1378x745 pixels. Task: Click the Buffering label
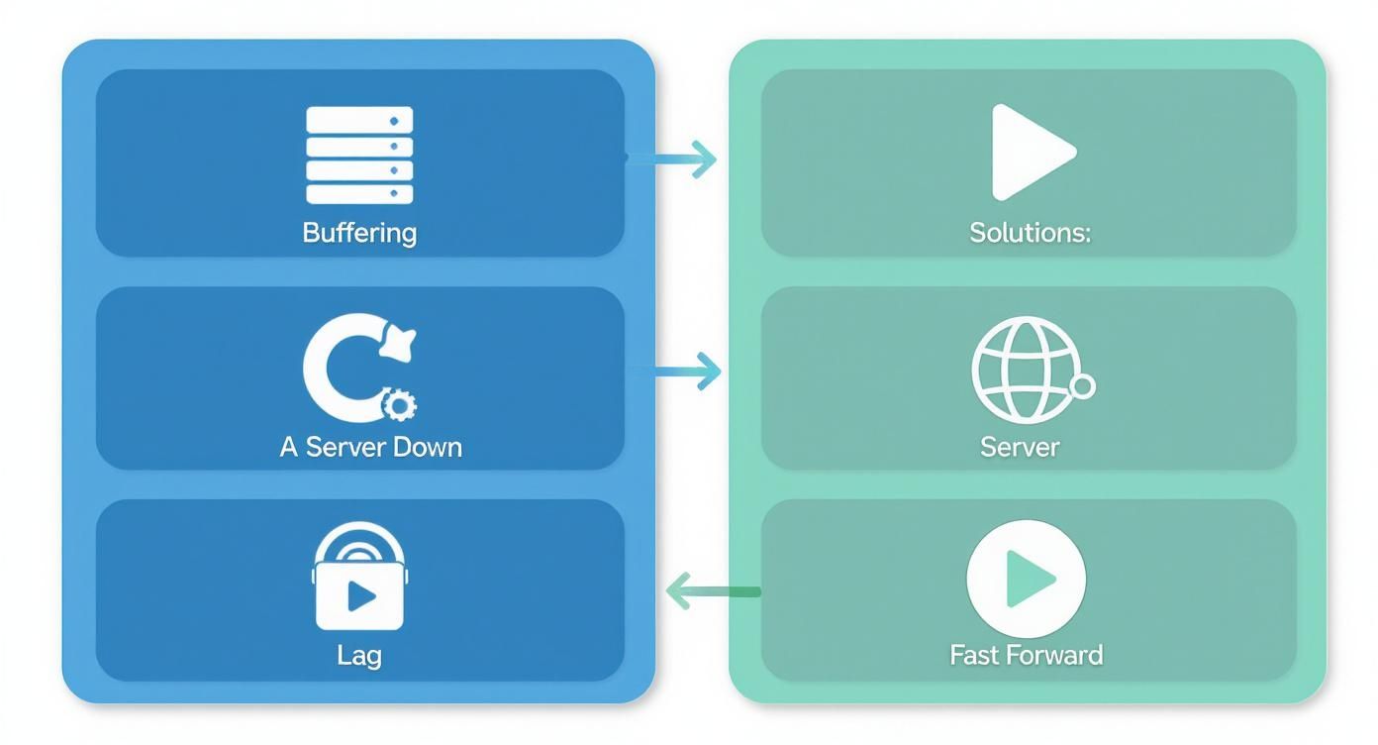pyautogui.click(x=359, y=234)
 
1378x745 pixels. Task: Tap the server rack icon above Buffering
pyautogui.click(x=359, y=156)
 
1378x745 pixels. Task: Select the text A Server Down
pyautogui.click(x=371, y=447)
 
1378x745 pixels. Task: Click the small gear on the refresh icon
pyautogui.click(x=399, y=404)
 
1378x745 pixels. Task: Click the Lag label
pyautogui.click(x=358, y=655)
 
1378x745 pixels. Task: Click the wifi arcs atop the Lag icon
pyautogui.click(x=359, y=542)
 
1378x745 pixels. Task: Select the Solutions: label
pyautogui.click(x=1030, y=234)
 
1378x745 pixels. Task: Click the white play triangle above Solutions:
pyautogui.click(x=1030, y=153)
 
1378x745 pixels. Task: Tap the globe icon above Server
pyautogui.click(x=1024, y=370)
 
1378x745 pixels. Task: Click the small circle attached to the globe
pyautogui.click(x=1083, y=386)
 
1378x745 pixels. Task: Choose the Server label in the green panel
pyautogui.click(x=1020, y=447)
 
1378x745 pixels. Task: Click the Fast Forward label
pyautogui.click(x=1026, y=655)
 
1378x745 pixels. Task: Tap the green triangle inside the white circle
pyautogui.click(x=1029, y=579)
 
